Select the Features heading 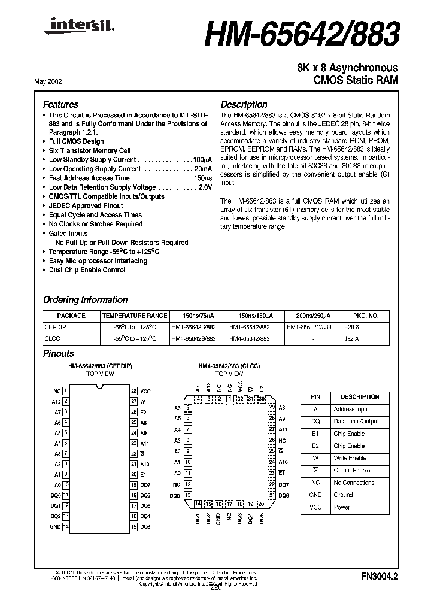60,104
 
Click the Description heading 244,104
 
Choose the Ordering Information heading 85,300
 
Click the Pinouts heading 59,354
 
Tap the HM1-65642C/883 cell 309,328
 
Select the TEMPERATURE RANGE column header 135,316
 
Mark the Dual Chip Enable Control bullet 87,270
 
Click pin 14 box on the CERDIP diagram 66,526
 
